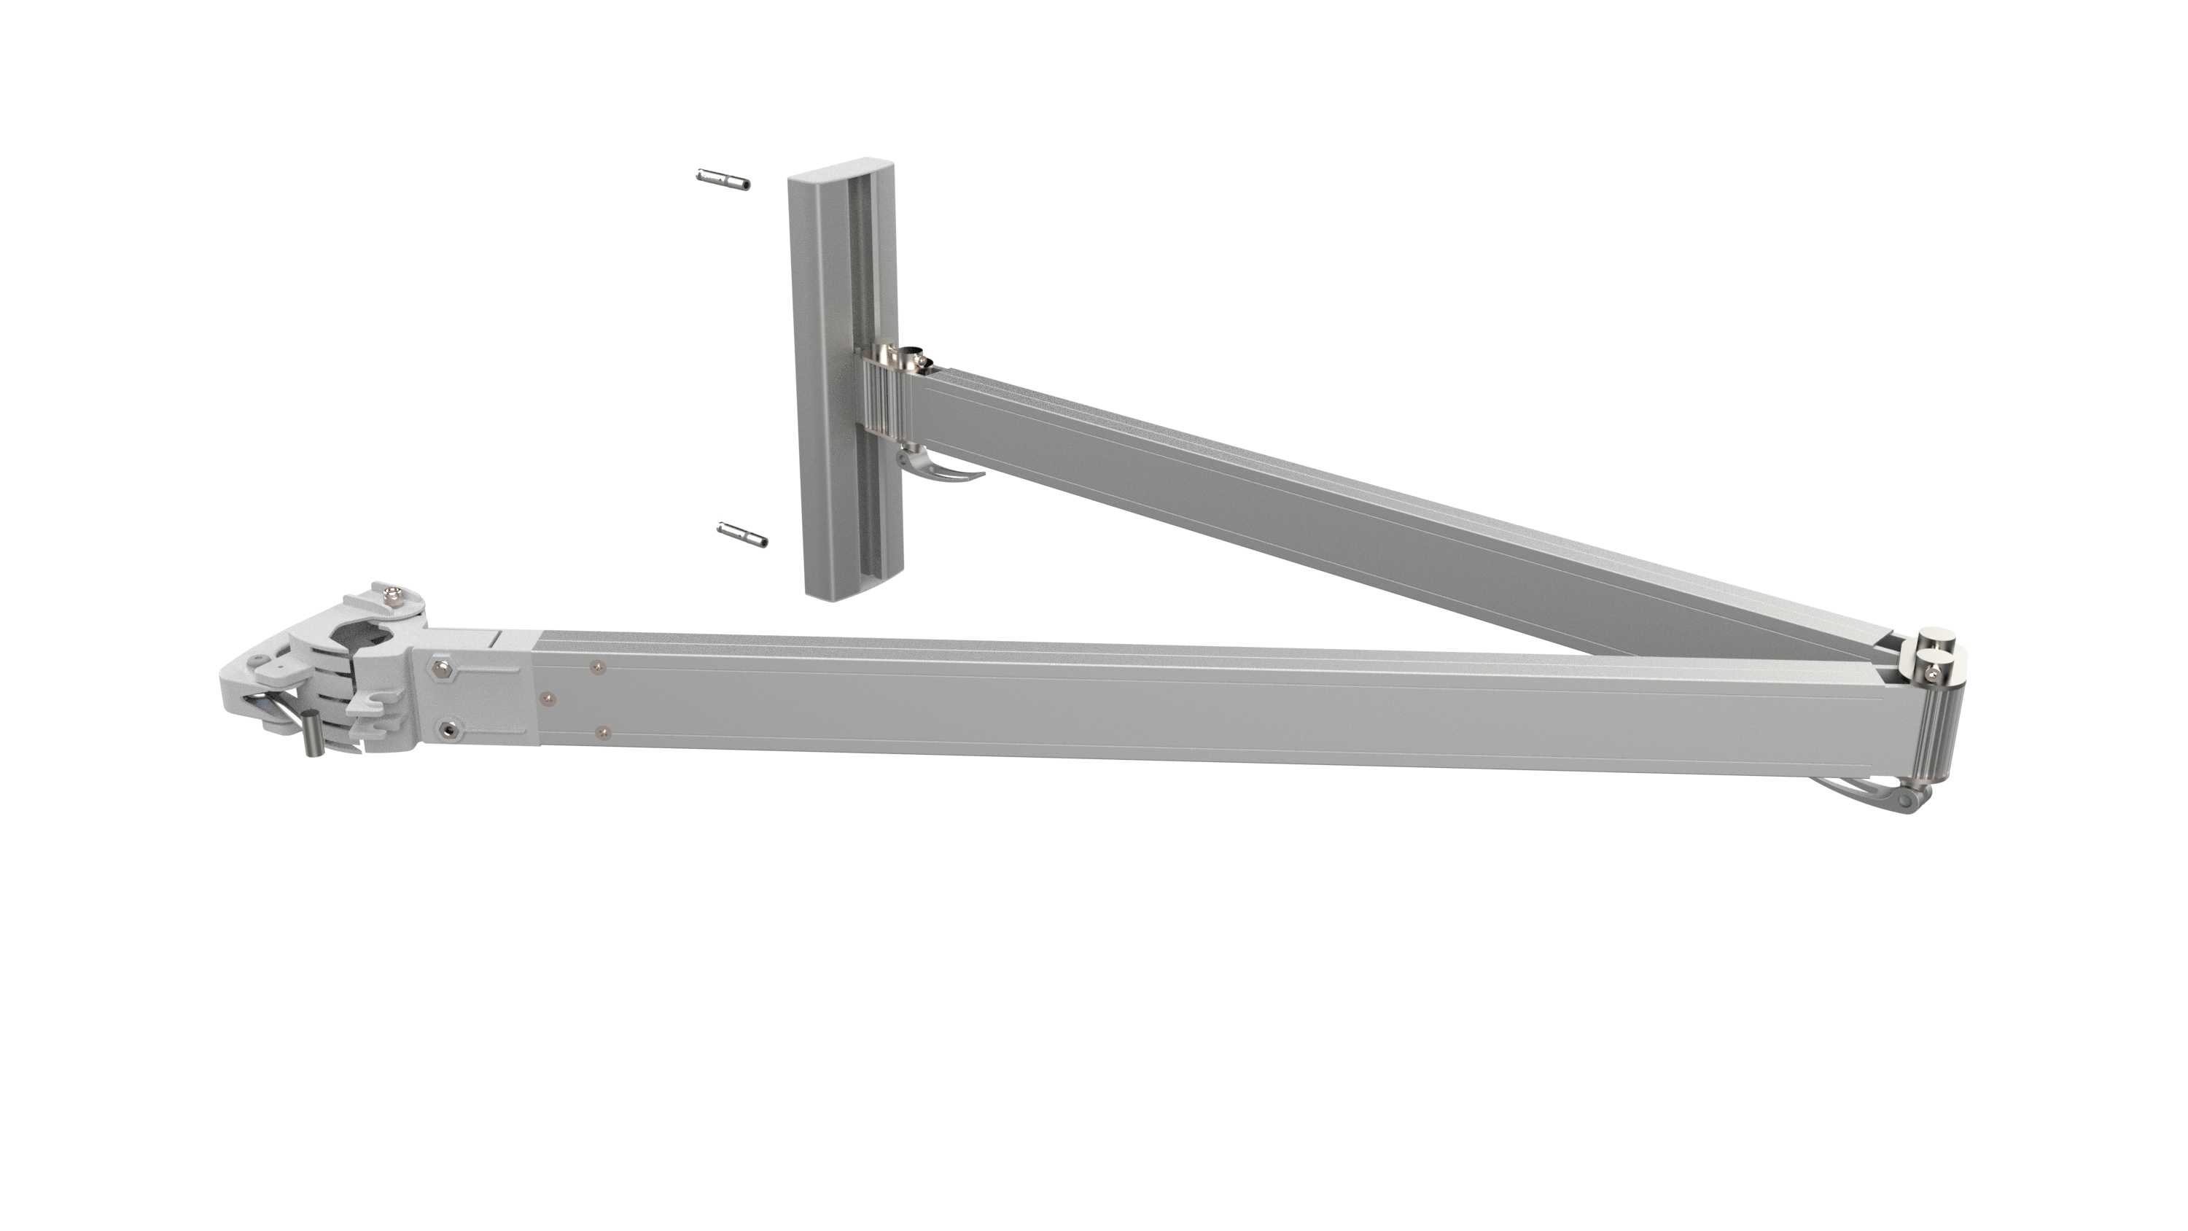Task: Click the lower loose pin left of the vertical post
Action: pos(742,535)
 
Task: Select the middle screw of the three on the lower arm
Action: pos(547,699)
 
